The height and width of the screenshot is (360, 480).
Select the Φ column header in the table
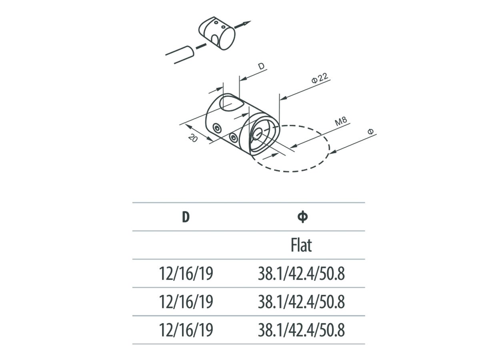[303, 217]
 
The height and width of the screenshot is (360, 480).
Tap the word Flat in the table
[301, 245]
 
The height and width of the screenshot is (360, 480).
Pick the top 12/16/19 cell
[186, 274]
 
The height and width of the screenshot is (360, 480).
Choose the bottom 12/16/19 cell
[186, 330]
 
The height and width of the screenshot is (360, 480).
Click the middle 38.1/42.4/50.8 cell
[302, 302]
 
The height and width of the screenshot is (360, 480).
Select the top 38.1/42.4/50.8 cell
[302, 274]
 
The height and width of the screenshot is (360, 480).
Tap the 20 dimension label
[193, 138]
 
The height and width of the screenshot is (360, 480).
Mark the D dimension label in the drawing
[261, 67]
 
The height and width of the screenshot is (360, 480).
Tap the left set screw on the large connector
[217, 128]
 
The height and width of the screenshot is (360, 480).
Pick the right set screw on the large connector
[234, 138]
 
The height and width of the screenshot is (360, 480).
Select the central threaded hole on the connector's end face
[258, 134]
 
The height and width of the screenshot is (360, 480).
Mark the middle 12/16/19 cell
[186, 302]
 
